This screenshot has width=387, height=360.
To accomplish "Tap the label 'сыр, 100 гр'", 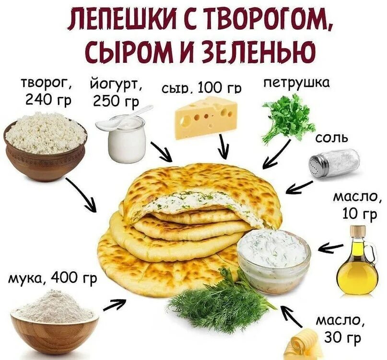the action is coord(201,88).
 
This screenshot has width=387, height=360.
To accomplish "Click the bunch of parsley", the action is coord(288,118).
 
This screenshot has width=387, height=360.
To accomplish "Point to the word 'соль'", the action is coord(331,139).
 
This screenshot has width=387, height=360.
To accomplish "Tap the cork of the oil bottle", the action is coord(357,230).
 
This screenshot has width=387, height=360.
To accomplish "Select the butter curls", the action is coord(302,345).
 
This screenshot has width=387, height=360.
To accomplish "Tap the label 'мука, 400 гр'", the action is coord(52,278).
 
